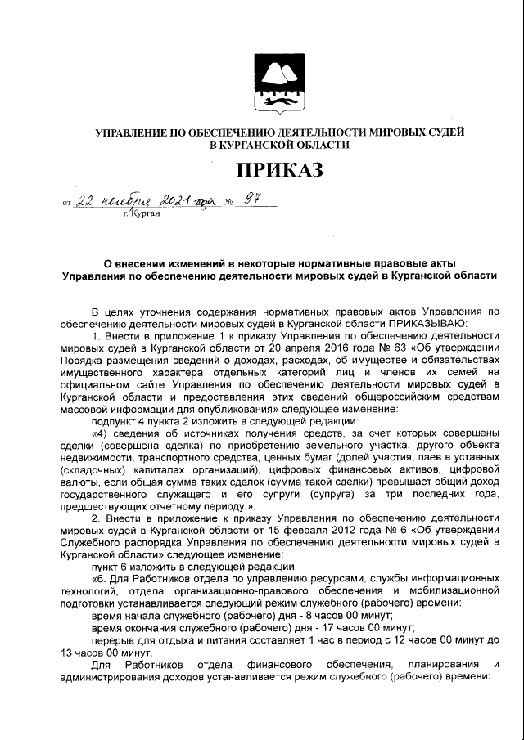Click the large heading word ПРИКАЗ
point(279,170)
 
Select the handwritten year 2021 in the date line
point(176,201)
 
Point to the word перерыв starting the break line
point(115,639)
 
